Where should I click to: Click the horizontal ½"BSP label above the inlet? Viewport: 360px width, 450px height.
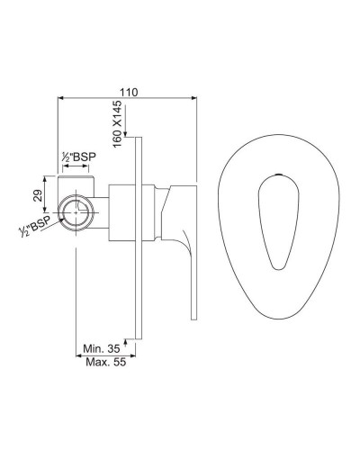pyautogui.click(x=77, y=157)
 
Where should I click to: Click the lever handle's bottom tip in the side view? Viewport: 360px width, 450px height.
pyautogui.click(x=193, y=315)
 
